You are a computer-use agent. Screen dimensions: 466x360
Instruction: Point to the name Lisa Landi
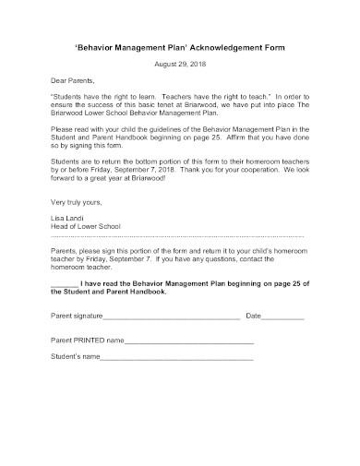click(x=66, y=218)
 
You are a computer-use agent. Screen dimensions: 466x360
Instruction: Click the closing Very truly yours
click(x=73, y=201)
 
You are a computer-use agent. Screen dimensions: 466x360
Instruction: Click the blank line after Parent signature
click(x=172, y=317)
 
